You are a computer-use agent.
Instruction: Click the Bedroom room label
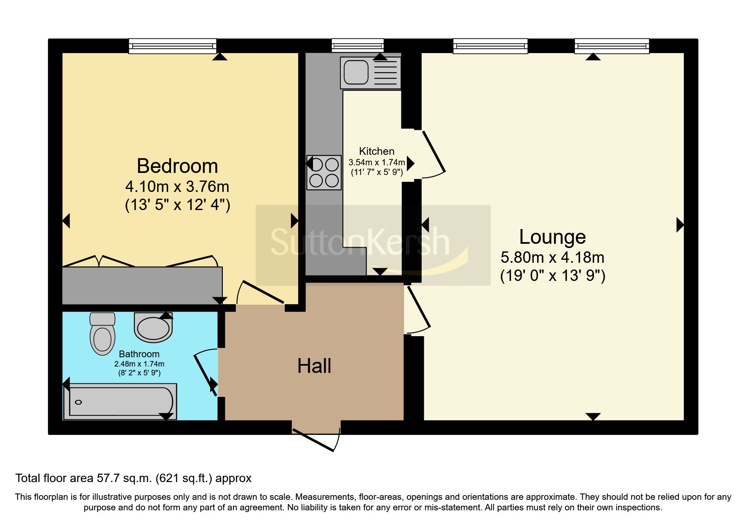(x=177, y=166)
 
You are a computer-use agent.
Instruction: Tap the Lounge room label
(x=552, y=237)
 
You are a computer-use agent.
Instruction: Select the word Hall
(x=314, y=366)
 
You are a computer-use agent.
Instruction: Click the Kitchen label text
(x=377, y=151)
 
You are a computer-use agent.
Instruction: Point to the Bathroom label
(x=139, y=354)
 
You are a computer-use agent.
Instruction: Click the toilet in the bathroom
(x=102, y=334)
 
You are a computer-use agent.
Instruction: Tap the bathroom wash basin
(x=153, y=327)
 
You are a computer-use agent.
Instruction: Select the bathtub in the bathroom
(x=120, y=402)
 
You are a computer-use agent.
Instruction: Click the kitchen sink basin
(x=356, y=72)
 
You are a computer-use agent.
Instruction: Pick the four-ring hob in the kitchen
(x=324, y=173)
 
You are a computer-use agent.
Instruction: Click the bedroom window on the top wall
(x=172, y=46)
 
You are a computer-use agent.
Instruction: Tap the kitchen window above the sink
(x=358, y=46)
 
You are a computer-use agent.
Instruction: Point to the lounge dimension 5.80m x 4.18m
(x=552, y=257)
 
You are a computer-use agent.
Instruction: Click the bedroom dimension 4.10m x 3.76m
(x=177, y=186)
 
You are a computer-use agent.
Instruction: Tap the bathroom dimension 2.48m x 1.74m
(x=139, y=364)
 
